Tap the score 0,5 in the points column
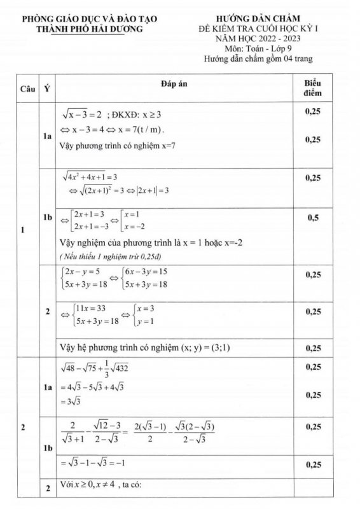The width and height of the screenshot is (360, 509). [313, 218]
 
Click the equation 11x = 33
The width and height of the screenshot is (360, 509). [89, 309]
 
